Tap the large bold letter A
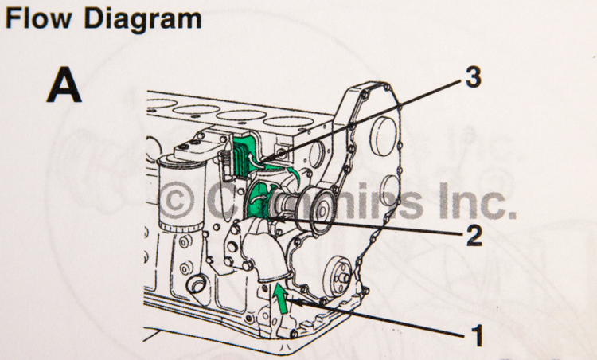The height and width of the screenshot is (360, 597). [x=64, y=85]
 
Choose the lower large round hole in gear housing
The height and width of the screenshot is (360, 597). [x=387, y=191]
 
